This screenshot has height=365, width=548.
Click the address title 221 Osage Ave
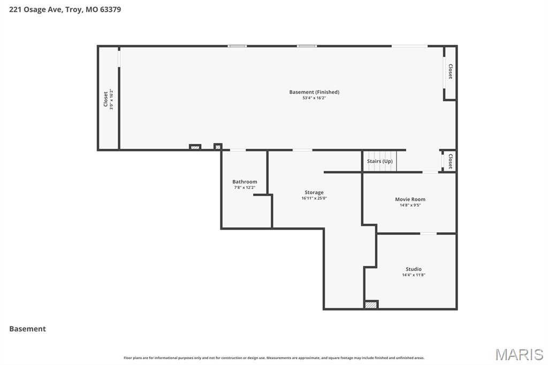coord(65,9)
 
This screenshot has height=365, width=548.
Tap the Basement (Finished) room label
coord(314,92)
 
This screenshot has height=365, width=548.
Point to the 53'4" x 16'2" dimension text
coord(314,98)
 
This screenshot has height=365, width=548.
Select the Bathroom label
coord(245,181)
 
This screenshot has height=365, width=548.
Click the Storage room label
coord(314,192)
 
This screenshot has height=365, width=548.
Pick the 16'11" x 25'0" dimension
coord(314,198)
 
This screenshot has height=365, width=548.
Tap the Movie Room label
coord(410,199)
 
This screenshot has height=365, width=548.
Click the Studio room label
coord(413,269)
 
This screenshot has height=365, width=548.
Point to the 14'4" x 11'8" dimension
coord(413,275)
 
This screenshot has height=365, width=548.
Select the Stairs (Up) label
coord(379,161)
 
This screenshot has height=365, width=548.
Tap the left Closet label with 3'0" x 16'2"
coord(105,99)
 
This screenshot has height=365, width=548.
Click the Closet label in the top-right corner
coord(450,72)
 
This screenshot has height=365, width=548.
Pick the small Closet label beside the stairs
coord(450,161)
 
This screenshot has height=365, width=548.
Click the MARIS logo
coord(519,354)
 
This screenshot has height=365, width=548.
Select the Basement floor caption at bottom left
coord(27,329)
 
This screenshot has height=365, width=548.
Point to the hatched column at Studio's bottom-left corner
coord(371,305)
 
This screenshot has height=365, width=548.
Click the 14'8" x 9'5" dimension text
coord(410,205)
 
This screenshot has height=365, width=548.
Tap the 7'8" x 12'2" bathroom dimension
coord(245,187)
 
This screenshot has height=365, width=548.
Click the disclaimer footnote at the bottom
coord(273,358)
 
